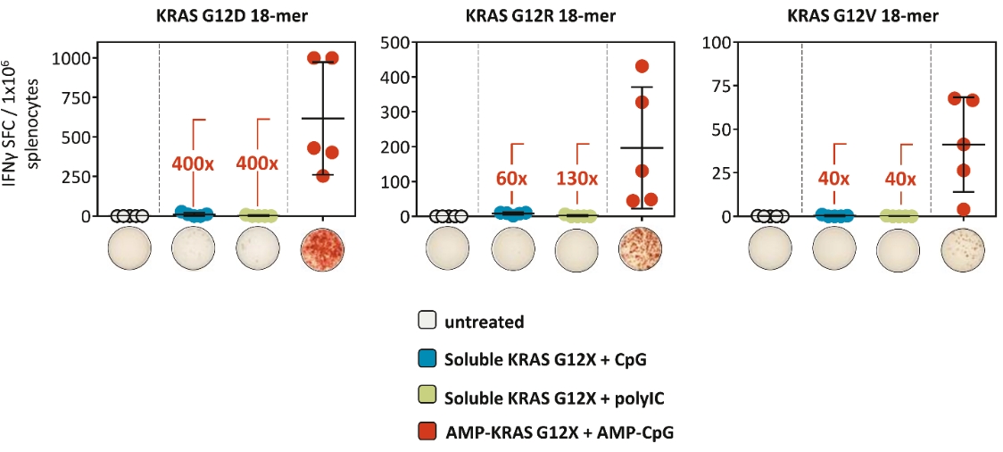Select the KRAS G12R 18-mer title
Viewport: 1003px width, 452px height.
pos(541,15)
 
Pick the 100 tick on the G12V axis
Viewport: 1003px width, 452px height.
pos(719,41)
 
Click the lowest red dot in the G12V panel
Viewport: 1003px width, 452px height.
pos(963,209)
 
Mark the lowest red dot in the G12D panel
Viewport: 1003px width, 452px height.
pos(323,176)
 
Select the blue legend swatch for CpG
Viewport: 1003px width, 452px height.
pos(427,359)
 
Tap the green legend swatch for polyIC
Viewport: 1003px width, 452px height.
pos(427,396)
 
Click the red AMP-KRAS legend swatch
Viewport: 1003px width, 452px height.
pos(427,432)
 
